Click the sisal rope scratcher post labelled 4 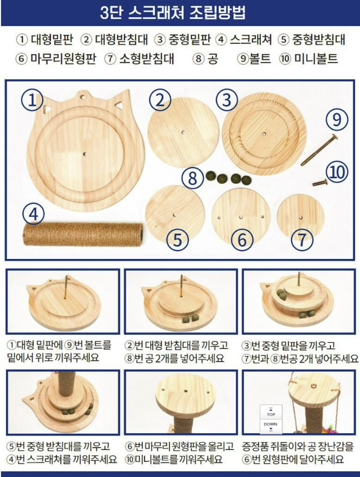[83, 234]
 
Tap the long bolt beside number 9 [319, 150]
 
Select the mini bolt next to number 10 [320, 183]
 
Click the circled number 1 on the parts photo [32, 100]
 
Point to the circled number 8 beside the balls [193, 178]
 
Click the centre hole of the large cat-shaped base [85, 154]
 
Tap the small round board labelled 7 [301, 217]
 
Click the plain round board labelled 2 [183, 133]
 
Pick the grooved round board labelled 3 [264, 134]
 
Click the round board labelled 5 [175, 215]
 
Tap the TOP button [271, 412]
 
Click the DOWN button [271, 426]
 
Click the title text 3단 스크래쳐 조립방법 [173, 13]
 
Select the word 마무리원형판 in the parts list [63, 59]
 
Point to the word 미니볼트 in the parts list [316, 59]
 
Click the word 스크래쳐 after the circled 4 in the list [250, 39]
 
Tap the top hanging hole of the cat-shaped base [82, 97]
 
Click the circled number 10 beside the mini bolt [337, 172]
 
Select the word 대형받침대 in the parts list [121, 39]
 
